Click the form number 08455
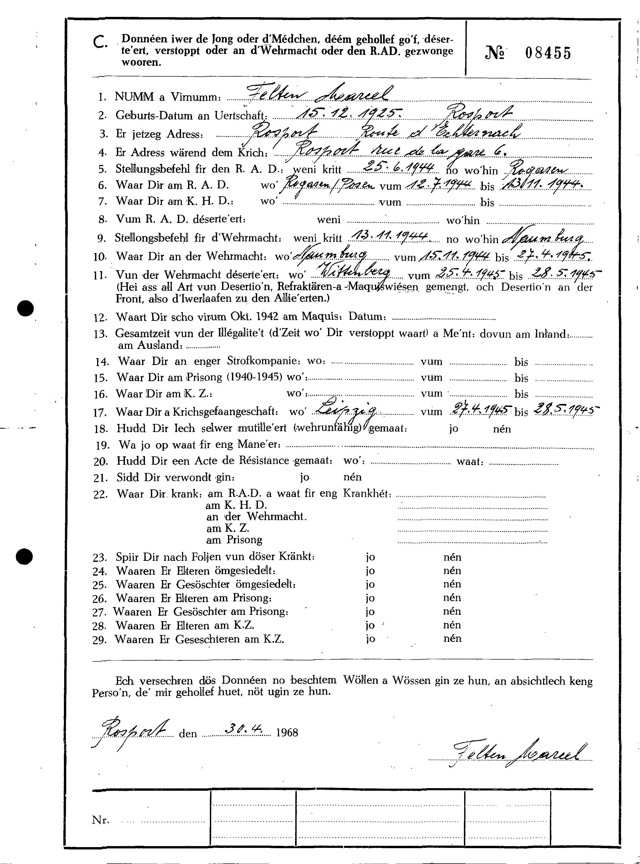pyautogui.click(x=548, y=53)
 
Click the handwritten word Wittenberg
pyautogui.click(x=355, y=274)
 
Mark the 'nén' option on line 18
pyautogui.click(x=502, y=429)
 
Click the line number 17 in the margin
pyautogui.click(x=100, y=413)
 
